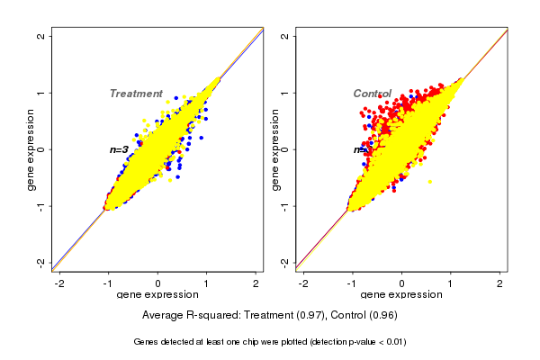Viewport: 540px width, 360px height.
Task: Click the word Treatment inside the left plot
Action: click(136, 94)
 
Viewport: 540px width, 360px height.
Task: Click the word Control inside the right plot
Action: click(372, 94)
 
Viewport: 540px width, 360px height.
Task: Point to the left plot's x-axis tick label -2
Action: click(60, 283)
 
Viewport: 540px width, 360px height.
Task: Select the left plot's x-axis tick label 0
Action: click(158, 283)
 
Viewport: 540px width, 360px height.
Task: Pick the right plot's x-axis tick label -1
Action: click(353, 283)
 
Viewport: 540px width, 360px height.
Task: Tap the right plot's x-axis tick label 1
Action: click(451, 283)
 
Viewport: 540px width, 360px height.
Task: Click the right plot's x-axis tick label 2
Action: click(499, 283)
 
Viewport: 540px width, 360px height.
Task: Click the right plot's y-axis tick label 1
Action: click(285, 93)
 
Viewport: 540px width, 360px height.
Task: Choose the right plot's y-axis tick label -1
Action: click(285, 205)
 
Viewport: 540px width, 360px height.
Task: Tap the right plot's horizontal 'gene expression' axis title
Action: click(401, 295)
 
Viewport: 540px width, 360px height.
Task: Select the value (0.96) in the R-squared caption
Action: click(382, 316)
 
